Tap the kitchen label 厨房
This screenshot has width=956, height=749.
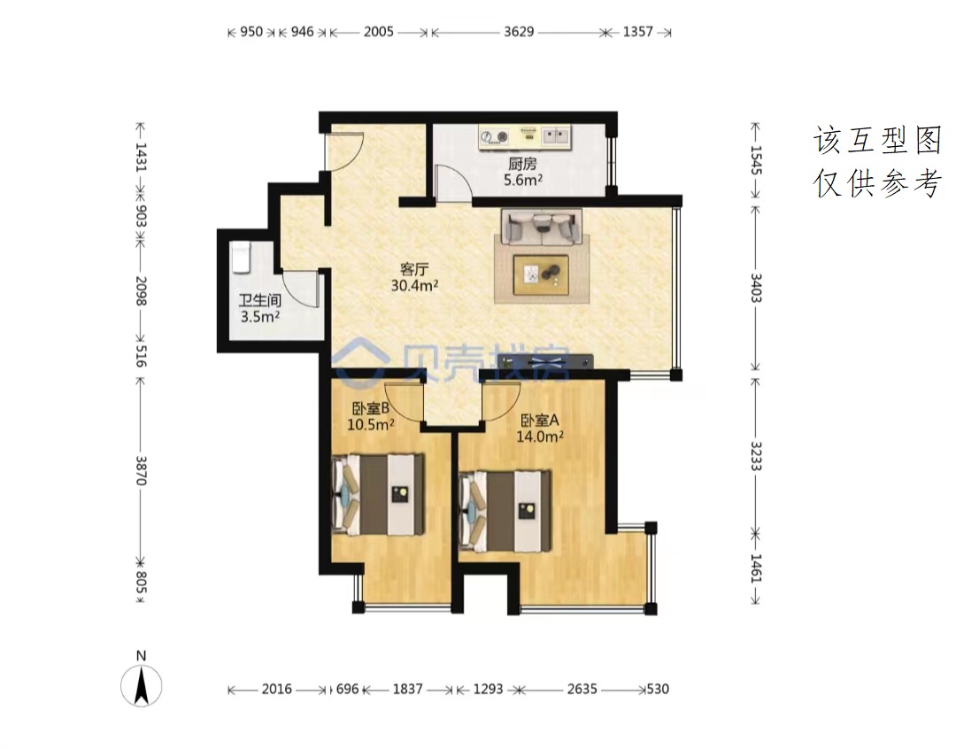[522, 164]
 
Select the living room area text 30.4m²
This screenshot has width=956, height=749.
[414, 285]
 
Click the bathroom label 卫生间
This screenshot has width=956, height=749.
[259, 300]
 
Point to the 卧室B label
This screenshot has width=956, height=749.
[370, 408]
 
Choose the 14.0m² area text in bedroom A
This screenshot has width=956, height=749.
[540, 436]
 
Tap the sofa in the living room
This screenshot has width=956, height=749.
[542, 227]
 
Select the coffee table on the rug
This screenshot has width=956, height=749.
[542, 274]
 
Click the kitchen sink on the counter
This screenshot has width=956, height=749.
[555, 136]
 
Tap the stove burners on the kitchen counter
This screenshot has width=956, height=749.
[495, 137]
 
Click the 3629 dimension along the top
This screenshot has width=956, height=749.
[519, 32]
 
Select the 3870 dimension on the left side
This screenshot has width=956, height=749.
[141, 470]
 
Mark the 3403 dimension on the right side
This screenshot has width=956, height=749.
[755, 288]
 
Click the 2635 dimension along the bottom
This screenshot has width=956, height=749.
[582, 689]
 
